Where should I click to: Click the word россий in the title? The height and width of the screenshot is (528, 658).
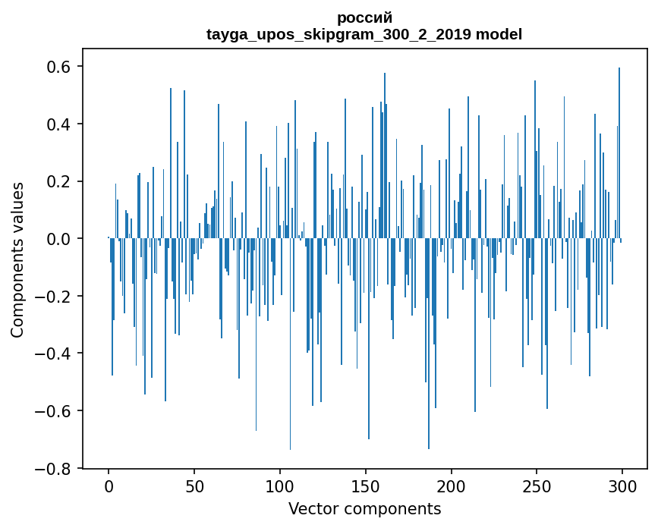point(364,17)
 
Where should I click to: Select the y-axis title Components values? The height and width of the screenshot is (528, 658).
point(17,259)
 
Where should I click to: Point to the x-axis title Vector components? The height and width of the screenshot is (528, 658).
point(364,508)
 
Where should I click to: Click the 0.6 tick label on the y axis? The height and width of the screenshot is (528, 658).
point(60,67)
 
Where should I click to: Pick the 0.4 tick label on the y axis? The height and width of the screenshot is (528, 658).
point(60,124)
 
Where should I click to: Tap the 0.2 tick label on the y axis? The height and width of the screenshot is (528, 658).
point(60,182)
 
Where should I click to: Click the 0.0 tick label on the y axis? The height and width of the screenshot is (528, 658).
point(60,239)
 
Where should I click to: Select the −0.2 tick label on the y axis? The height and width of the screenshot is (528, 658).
point(55,297)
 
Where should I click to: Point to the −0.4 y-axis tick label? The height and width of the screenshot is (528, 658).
point(55,354)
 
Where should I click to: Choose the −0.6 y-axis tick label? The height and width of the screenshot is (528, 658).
point(55,411)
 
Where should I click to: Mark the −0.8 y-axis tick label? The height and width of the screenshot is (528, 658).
point(55,469)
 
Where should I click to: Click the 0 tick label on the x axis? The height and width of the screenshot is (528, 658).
point(109,486)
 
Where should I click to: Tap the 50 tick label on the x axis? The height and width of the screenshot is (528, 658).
point(194,486)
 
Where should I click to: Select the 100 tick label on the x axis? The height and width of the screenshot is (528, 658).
point(280,486)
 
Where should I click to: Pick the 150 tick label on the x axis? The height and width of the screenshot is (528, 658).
point(365,486)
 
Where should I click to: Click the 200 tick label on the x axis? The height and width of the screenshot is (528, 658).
point(451,486)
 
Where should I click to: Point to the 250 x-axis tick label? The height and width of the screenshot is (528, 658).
point(537,486)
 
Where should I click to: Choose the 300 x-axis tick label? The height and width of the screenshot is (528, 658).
point(622,486)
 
